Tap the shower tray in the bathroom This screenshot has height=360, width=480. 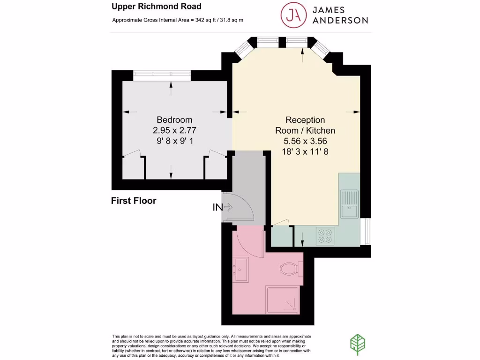point(282,300)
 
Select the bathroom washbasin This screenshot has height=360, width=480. point(241,270)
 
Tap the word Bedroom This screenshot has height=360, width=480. point(174,120)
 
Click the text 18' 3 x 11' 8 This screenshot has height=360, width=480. point(305,151)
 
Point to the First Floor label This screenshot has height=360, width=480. point(133,201)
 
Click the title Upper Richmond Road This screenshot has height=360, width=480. point(156,7)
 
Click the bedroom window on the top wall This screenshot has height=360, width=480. point(162,74)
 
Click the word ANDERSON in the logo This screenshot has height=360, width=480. point(340,20)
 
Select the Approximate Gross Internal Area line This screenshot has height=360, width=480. point(178,20)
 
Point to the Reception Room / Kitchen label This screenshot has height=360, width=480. point(305,125)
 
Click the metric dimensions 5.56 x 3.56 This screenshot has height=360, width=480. point(305,141)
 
